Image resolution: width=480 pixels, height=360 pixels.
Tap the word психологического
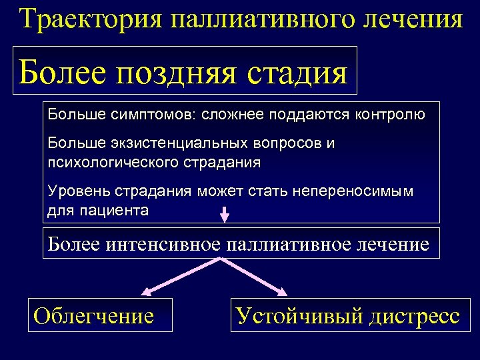(110, 161)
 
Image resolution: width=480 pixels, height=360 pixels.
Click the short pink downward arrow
(225, 214)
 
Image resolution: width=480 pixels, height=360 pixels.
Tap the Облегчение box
(94, 315)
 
